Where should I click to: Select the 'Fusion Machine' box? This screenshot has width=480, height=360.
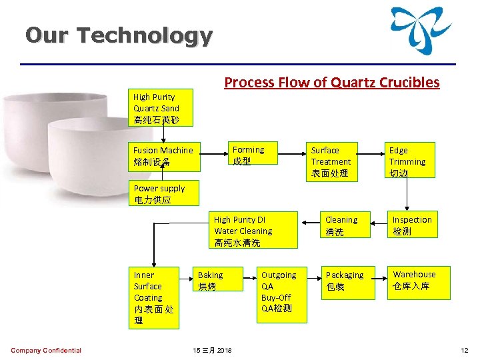[x=165, y=156]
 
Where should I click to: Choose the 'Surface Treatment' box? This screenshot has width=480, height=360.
[x=332, y=161]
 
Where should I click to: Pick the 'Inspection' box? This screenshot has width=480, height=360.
[x=411, y=225]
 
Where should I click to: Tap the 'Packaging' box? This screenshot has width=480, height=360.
[x=345, y=280]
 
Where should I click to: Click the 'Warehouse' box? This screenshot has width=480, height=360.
[x=416, y=280]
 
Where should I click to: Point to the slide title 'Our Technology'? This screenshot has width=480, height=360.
[x=119, y=35]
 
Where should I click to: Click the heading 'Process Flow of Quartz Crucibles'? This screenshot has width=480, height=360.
[x=332, y=82]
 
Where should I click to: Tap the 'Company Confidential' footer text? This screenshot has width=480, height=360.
[x=46, y=351]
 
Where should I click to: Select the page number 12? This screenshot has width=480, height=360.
[x=465, y=351]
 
